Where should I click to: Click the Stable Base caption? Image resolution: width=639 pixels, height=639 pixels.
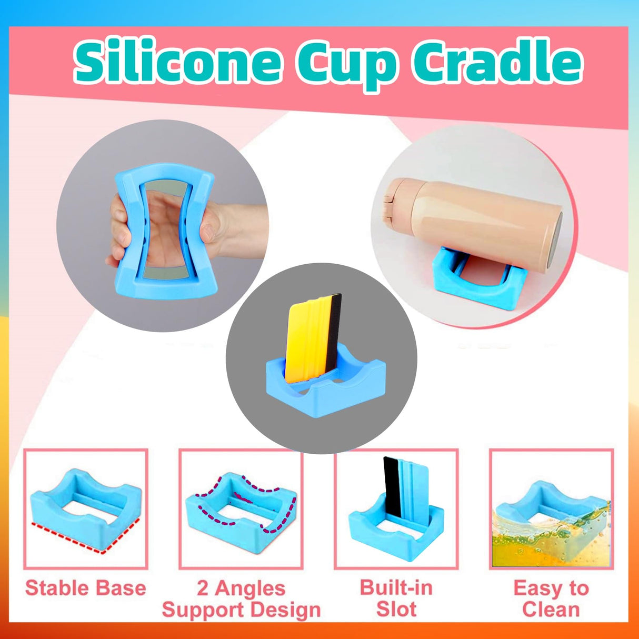[85, 588]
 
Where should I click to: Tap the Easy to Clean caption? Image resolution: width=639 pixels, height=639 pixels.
[551, 598]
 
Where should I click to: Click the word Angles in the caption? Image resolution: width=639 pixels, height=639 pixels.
[249, 588]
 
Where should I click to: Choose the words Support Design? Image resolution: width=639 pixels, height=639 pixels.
[241, 610]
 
